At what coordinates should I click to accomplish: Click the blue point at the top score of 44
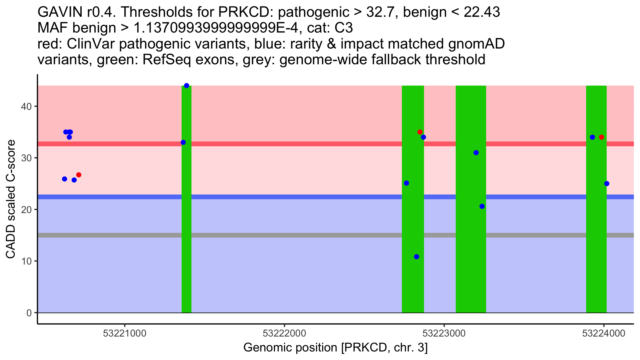click(x=187, y=86)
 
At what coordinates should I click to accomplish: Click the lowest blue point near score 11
click(x=417, y=257)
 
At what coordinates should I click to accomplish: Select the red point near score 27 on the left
click(x=79, y=175)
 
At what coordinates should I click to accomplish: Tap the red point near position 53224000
click(x=601, y=137)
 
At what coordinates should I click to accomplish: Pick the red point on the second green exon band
click(x=420, y=132)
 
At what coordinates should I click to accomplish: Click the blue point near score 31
click(x=476, y=153)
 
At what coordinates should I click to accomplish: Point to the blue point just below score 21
click(x=482, y=206)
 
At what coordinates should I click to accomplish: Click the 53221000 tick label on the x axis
click(x=125, y=333)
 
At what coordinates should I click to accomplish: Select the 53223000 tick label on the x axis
click(x=444, y=333)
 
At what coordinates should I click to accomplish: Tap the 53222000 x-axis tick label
click(x=284, y=333)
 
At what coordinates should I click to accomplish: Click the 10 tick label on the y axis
click(x=26, y=261)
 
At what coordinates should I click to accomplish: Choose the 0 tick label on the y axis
click(x=29, y=313)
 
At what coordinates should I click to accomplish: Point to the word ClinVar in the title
click(x=90, y=44)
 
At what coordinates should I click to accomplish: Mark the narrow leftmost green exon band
click(x=186, y=199)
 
